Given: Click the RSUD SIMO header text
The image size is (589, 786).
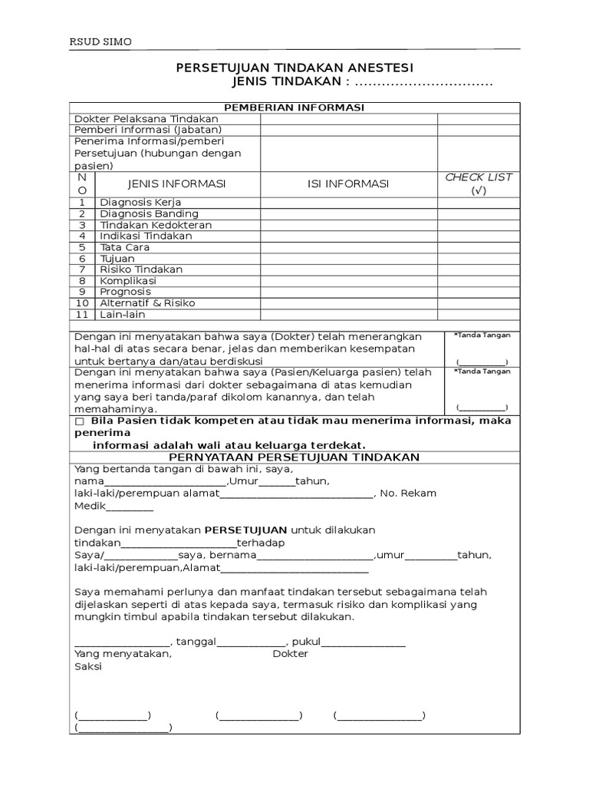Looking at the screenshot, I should (100, 42).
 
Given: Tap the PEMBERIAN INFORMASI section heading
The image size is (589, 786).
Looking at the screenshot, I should (294, 107).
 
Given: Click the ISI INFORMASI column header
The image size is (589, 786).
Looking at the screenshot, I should (348, 183).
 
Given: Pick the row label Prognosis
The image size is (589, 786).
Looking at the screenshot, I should (126, 292).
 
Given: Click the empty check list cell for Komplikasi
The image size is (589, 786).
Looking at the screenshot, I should (479, 281).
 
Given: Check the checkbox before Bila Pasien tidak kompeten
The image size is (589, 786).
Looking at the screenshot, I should (80, 421).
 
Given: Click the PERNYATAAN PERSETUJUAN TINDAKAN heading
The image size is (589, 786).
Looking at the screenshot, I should (294, 457).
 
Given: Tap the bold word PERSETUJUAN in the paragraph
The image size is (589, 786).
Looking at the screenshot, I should (245, 530).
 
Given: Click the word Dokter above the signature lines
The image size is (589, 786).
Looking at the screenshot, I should (291, 654).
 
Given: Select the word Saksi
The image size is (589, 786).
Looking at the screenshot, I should (87, 666).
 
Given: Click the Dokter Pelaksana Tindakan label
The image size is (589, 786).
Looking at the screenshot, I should (146, 119).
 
